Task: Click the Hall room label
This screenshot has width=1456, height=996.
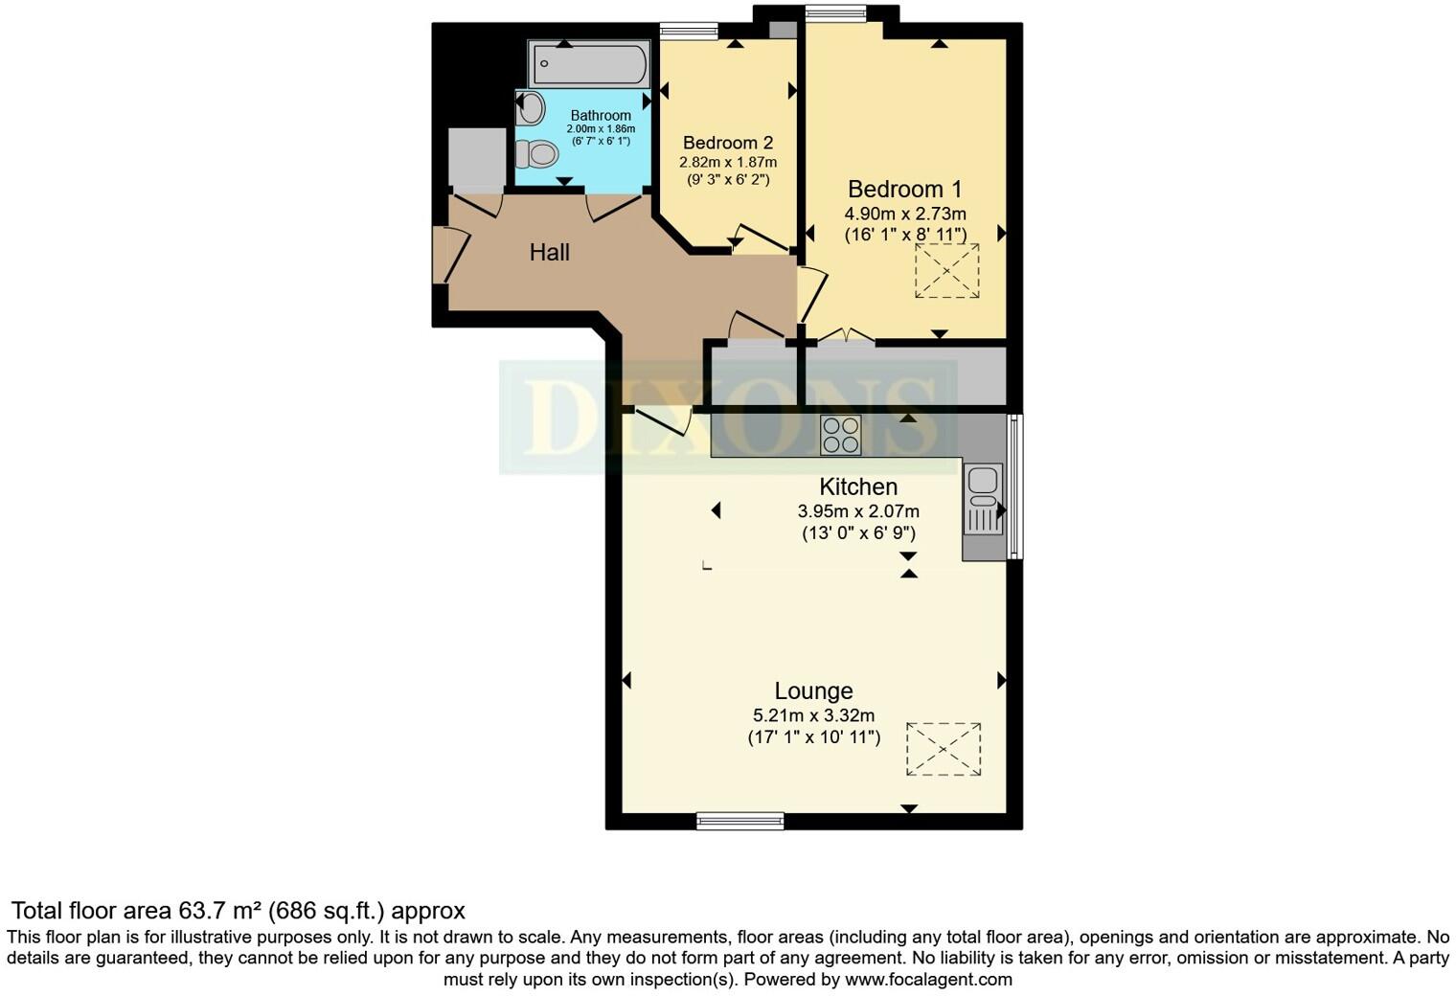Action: pyautogui.click(x=550, y=252)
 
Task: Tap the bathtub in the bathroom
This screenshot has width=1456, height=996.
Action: pyautogui.click(x=588, y=65)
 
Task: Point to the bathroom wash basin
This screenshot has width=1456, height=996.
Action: pyautogui.click(x=530, y=108)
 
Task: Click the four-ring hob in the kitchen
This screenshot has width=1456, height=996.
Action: pyautogui.click(x=840, y=434)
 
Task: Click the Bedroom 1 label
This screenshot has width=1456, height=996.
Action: pyautogui.click(x=904, y=189)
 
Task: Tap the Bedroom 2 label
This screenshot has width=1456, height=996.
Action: pyautogui.click(x=728, y=143)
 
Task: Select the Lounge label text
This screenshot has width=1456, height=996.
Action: pyautogui.click(x=813, y=690)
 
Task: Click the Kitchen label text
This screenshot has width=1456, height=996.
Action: pyautogui.click(x=858, y=487)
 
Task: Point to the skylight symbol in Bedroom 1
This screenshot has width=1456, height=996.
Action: pyautogui.click(x=947, y=271)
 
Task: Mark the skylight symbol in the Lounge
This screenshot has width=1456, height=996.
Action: pyautogui.click(x=944, y=749)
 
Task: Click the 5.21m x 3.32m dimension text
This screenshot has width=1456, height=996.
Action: pyautogui.click(x=813, y=715)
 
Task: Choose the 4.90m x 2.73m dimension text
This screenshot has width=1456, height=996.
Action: pyautogui.click(x=904, y=214)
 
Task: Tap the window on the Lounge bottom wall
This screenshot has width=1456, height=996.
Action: pyautogui.click(x=739, y=820)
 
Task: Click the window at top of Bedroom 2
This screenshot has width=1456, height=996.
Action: pyautogui.click(x=689, y=31)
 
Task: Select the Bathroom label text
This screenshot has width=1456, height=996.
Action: pyautogui.click(x=601, y=116)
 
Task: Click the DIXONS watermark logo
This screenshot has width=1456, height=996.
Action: pyautogui.click(x=728, y=418)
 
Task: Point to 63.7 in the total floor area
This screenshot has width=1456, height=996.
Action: pyautogui.click(x=199, y=910)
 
